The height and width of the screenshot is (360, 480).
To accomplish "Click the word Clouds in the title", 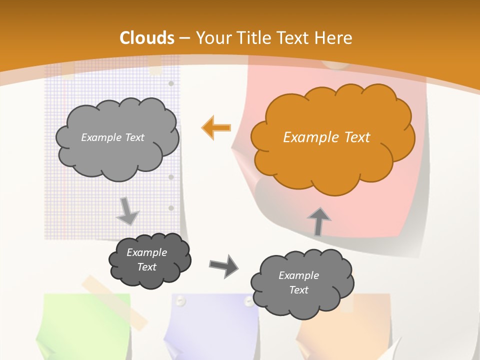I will pos(147,38).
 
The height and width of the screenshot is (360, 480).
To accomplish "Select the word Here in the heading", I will pos(334,38).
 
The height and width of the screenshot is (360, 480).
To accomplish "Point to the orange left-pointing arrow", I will pos(216,127).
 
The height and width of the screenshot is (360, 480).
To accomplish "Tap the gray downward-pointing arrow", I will pos(127,211).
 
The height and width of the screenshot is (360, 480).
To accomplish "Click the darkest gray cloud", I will pos(149,260).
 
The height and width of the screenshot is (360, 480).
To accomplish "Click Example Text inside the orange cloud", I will pos(326,137).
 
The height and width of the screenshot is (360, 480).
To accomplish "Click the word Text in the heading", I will pos(296,38).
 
